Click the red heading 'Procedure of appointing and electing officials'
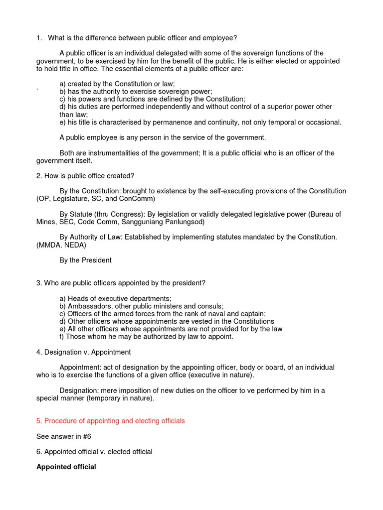click(x=110, y=421)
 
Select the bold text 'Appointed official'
click(x=66, y=467)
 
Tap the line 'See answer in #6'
click(x=64, y=436)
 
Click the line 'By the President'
click(x=85, y=260)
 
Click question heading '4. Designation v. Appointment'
click(x=83, y=352)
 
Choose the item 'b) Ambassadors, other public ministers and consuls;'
click(x=142, y=306)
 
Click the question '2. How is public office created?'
click(x=85, y=176)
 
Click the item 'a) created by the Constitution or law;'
click(x=117, y=84)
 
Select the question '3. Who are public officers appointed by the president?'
click(x=121, y=283)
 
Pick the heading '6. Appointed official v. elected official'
click(x=94, y=452)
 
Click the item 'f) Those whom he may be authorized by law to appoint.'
click(x=146, y=337)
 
